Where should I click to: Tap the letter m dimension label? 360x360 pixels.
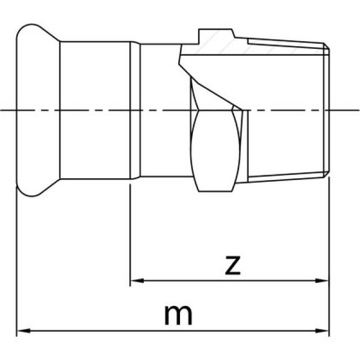coord(178,314)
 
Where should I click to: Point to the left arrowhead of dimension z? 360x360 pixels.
coord(135,280)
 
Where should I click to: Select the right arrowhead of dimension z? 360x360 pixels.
coord(324,280)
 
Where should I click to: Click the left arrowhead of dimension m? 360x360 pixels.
coord(21,330)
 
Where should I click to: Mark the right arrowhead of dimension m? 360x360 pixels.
coord(324,330)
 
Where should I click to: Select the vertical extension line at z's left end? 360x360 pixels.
coord(130,236)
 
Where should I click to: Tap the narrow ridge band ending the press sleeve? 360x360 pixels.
coord(135,110)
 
